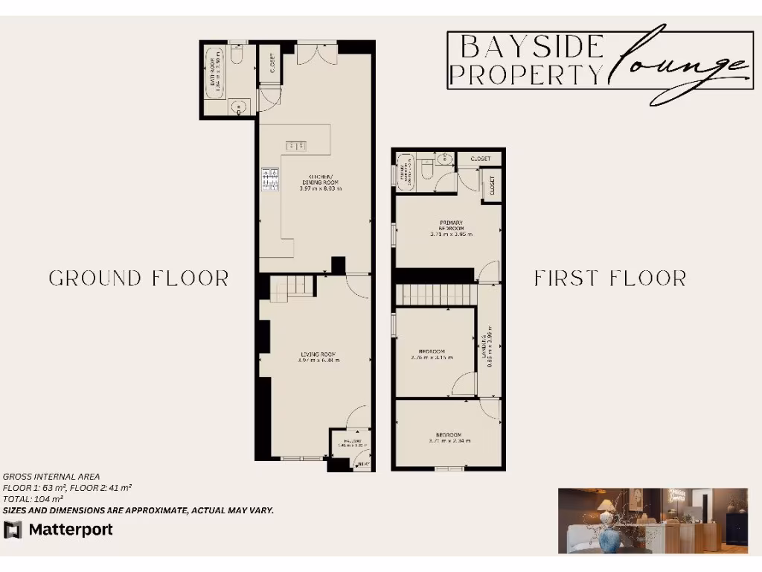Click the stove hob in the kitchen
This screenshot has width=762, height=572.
270,179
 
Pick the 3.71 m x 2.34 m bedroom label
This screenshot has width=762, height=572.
449,438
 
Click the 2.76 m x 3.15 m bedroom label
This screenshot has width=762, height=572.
432,354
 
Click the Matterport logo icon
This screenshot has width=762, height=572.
13,530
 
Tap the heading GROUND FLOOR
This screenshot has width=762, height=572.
138,279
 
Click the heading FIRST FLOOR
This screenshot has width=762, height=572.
610,279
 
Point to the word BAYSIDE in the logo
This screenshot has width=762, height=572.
531,47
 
